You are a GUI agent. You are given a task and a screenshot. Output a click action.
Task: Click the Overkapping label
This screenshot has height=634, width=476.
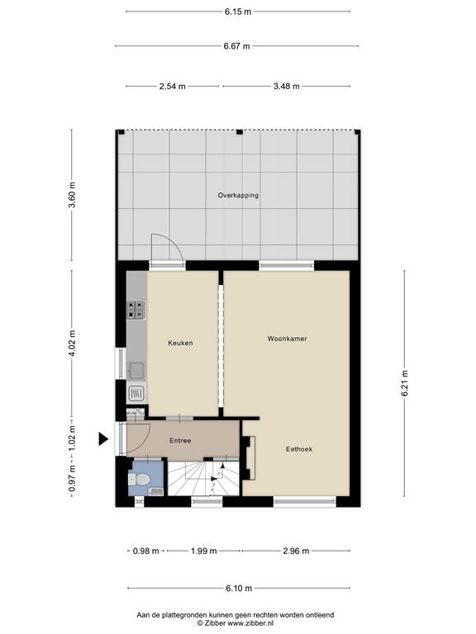click(238, 196)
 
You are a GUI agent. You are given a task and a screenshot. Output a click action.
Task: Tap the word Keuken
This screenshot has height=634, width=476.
click(180, 343)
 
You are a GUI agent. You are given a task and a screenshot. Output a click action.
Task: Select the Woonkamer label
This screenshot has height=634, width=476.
click(287, 338)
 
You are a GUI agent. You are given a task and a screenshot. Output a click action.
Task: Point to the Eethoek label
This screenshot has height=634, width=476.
click(299, 449)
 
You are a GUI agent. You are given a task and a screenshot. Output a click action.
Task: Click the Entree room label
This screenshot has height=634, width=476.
click(180, 441)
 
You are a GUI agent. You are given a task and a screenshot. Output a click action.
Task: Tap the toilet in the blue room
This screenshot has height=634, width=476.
click(139, 480)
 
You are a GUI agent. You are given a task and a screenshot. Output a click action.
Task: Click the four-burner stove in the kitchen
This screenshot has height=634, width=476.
click(136, 310)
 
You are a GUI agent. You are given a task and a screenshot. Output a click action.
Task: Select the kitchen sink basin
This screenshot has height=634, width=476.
click(136, 371)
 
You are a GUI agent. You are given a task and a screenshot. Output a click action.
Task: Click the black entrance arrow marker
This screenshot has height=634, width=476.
click(103, 438)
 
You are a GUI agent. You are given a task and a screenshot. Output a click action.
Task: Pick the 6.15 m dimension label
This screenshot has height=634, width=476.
click(238, 12)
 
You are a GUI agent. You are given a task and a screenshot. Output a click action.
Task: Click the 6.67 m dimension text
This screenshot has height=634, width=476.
click(237, 46)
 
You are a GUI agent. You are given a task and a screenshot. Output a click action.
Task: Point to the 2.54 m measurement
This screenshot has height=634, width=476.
click(173, 86)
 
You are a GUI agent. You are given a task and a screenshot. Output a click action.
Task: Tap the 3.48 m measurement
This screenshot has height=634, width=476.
click(287, 86)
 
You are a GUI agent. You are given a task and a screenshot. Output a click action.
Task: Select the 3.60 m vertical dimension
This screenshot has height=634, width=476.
click(72, 195)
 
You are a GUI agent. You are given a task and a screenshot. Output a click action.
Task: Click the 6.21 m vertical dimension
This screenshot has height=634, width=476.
click(405, 383)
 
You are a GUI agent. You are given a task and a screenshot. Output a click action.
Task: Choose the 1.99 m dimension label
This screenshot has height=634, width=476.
click(204, 551)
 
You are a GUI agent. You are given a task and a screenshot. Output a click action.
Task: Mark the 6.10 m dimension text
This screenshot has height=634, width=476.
click(239, 588)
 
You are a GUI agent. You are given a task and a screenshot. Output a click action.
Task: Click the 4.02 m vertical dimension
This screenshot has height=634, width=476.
click(72, 343)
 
